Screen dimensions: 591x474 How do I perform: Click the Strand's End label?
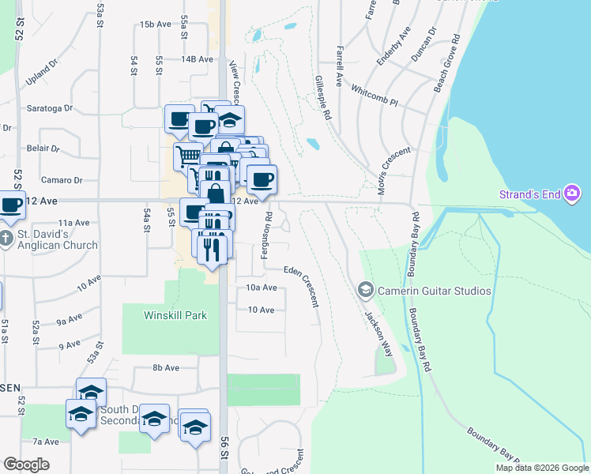529,194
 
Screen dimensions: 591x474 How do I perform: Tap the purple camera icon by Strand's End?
573,194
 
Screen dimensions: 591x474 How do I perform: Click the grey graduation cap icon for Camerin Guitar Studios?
365,291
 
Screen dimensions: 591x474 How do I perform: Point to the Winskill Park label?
175,315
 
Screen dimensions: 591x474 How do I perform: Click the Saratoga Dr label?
50,108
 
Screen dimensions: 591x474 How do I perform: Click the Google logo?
26,465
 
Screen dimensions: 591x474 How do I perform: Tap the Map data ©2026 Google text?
542,468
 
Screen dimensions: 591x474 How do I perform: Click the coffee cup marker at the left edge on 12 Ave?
11,206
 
